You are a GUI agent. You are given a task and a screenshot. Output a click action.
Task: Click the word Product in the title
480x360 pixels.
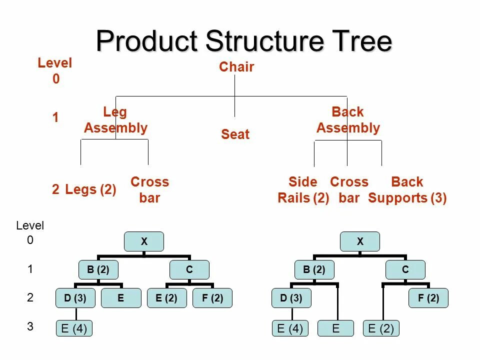[147, 41]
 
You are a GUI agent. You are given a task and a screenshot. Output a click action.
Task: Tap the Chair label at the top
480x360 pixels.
[236, 67]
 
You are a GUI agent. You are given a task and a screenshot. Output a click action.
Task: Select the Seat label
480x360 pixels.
[235, 134]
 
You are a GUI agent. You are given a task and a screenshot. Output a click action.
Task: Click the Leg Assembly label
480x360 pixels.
[115, 120]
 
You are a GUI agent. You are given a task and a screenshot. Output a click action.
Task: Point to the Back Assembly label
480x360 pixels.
[348, 120]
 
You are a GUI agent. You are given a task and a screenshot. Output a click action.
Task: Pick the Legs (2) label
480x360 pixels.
[90, 189]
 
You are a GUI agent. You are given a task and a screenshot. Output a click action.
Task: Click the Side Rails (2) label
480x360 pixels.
[303, 190]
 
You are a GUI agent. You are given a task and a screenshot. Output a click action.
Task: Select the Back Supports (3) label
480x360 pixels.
[407, 190]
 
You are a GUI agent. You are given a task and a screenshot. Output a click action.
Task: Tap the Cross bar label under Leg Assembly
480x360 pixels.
[149, 190]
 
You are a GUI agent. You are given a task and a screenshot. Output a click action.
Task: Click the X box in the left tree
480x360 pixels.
[144, 241]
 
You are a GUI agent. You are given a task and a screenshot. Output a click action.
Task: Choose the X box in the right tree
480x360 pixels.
[360, 241]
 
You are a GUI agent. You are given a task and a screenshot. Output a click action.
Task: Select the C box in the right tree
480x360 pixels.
[405, 270]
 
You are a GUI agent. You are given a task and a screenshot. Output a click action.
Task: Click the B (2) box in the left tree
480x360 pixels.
[98, 270]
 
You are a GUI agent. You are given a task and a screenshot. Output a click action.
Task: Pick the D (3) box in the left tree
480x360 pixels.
[75, 298]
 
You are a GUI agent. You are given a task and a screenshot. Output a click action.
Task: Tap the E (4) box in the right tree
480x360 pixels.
[290, 328]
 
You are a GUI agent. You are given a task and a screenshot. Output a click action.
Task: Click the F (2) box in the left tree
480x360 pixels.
[212, 298]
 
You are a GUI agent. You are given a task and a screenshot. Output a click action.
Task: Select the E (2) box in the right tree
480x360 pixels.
[381, 328]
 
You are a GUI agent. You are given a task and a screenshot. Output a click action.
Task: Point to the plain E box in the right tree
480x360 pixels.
[335, 328]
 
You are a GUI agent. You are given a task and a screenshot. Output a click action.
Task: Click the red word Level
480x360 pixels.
[55, 63]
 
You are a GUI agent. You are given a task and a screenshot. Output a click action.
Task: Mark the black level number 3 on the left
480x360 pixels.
[30, 327]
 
